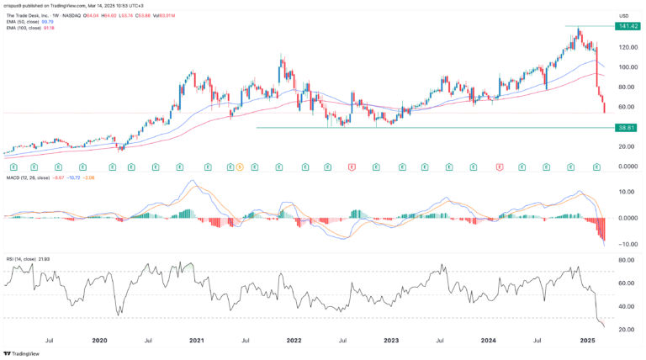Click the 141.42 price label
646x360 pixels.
click(x=627, y=26)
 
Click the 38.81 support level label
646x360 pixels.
click(x=625, y=128)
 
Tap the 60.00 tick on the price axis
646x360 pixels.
click(x=626, y=107)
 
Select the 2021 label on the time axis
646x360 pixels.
click(x=198, y=341)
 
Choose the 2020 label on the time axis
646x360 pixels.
click(x=100, y=341)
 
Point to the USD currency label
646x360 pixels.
click(x=624, y=16)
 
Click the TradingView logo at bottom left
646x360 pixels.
click(x=23, y=354)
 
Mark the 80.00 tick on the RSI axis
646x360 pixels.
click(x=625, y=261)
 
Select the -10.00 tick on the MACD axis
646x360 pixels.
click(x=625, y=244)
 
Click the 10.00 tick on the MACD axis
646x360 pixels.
click(x=625, y=191)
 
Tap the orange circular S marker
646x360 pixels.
click(x=239, y=167)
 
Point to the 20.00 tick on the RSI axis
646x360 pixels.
click(x=625, y=330)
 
